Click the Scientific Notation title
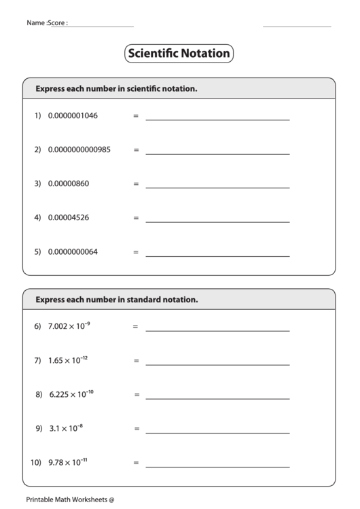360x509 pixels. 179,53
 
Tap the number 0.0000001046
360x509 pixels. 73,116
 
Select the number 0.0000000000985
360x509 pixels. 79,150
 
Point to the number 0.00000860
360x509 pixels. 69,183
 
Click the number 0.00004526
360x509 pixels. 69,217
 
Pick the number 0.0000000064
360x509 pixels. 73,251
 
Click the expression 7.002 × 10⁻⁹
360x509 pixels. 69,326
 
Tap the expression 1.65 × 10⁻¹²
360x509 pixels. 68,360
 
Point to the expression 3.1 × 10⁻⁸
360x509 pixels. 66,428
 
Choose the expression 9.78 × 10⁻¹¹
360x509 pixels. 68,463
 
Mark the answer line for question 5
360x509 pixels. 217,256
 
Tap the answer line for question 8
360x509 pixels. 217,398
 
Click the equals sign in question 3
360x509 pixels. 136,184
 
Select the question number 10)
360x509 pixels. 36,463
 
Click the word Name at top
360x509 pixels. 35,22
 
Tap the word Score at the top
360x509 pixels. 58,22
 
